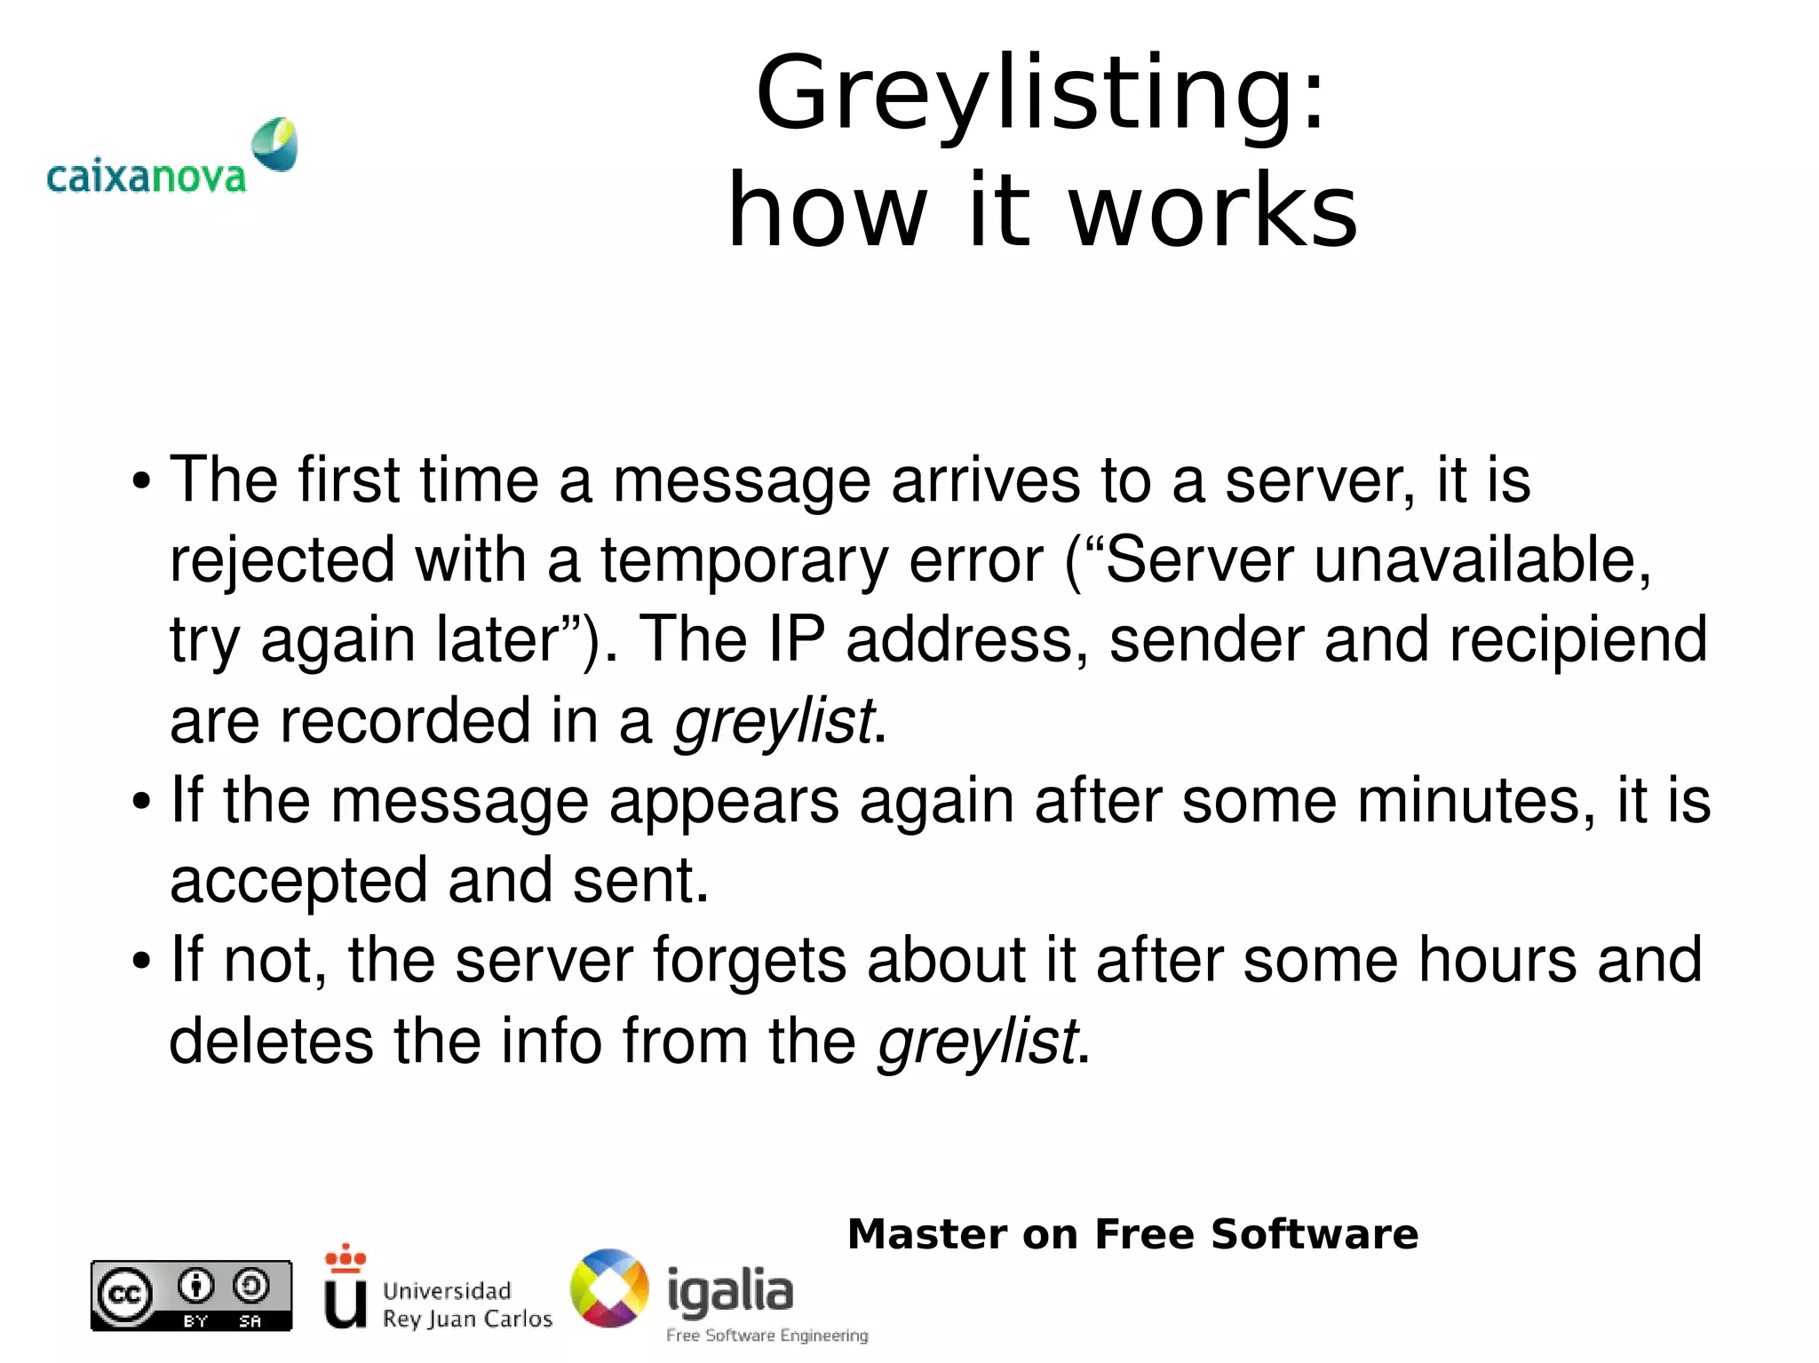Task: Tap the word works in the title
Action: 1212,211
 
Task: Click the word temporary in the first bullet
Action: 744,561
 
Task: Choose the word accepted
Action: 298,882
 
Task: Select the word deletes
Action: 271,1041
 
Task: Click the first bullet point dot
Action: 140,483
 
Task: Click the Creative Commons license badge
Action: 191,1296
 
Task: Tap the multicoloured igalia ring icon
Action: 609,1288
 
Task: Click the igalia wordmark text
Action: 730,1291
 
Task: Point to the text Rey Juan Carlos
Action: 467,1319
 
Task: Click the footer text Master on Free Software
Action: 1132,1234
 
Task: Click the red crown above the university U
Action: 346,1257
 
